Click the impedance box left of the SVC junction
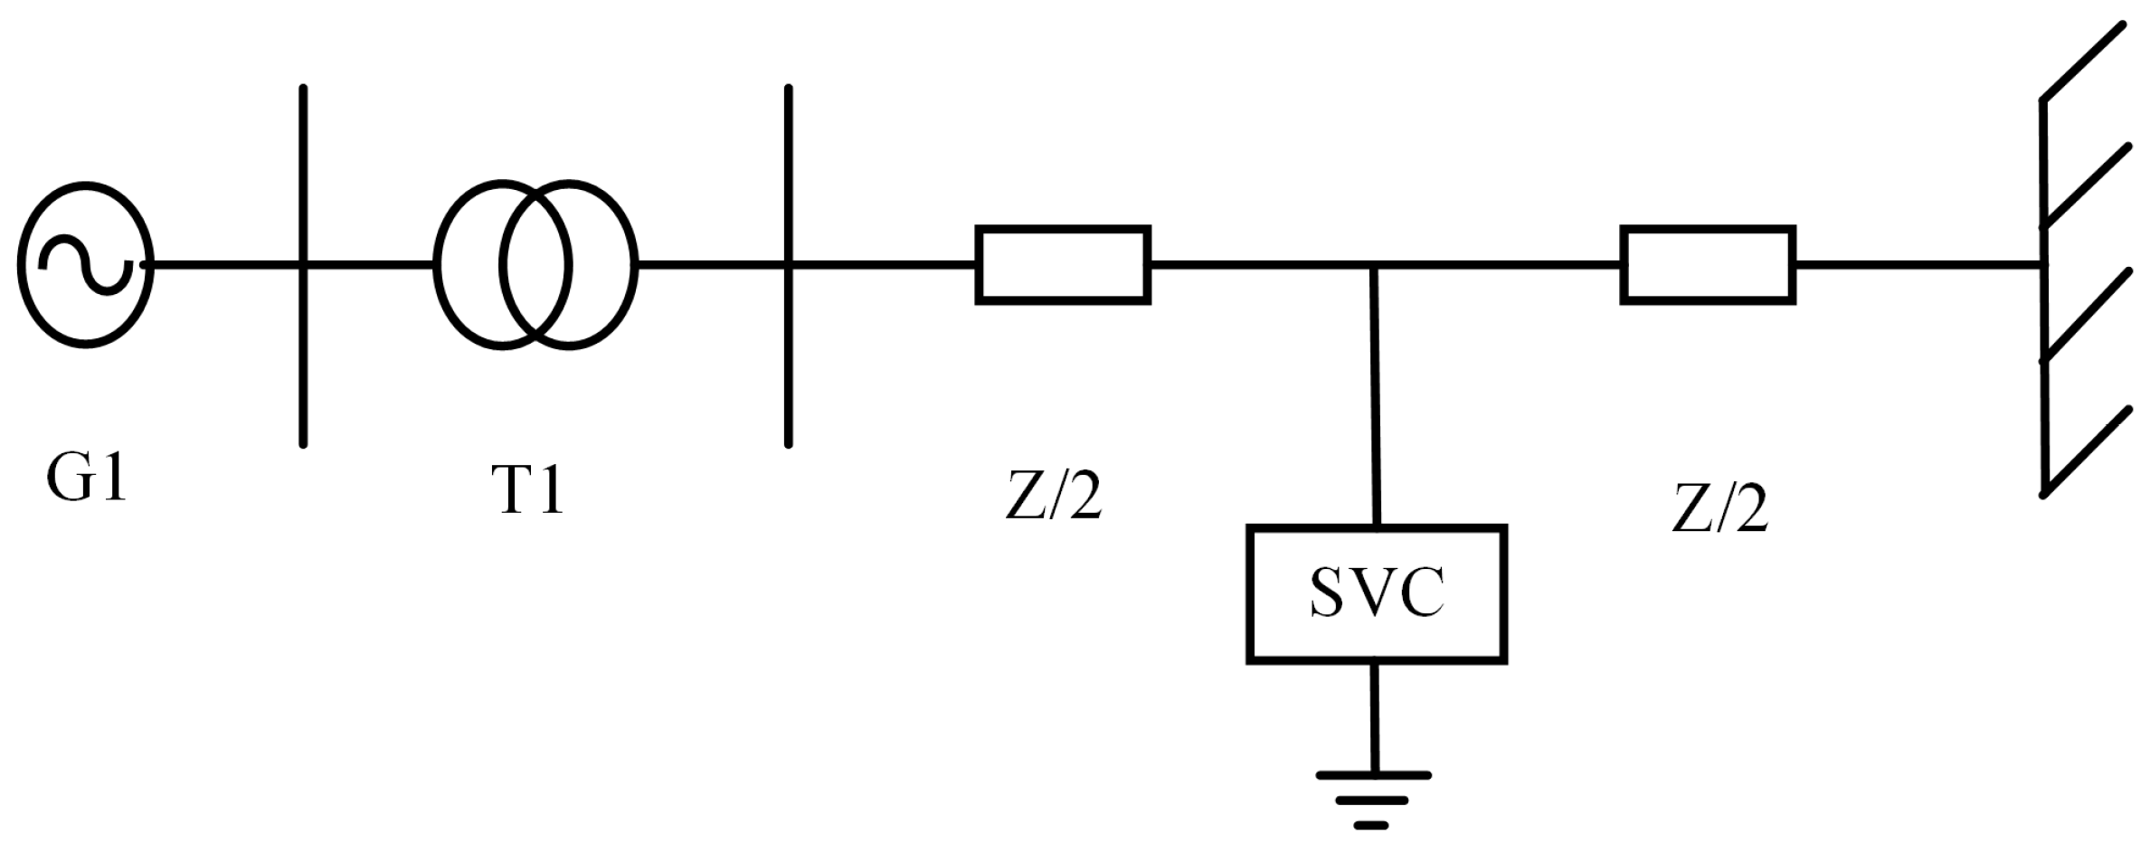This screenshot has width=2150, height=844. tap(1063, 265)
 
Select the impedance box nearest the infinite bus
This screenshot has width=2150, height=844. tap(1708, 265)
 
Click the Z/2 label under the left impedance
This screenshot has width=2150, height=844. tap(1054, 496)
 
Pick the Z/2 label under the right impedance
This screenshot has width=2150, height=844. tap(1719, 508)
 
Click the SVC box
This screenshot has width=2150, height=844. tap(1376, 594)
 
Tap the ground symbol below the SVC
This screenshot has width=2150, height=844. tap(1373, 800)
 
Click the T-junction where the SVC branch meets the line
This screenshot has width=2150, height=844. tap(1373, 266)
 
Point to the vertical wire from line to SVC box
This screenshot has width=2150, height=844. tap(1375, 398)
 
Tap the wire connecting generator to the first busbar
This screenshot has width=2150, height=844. tap(226, 265)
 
